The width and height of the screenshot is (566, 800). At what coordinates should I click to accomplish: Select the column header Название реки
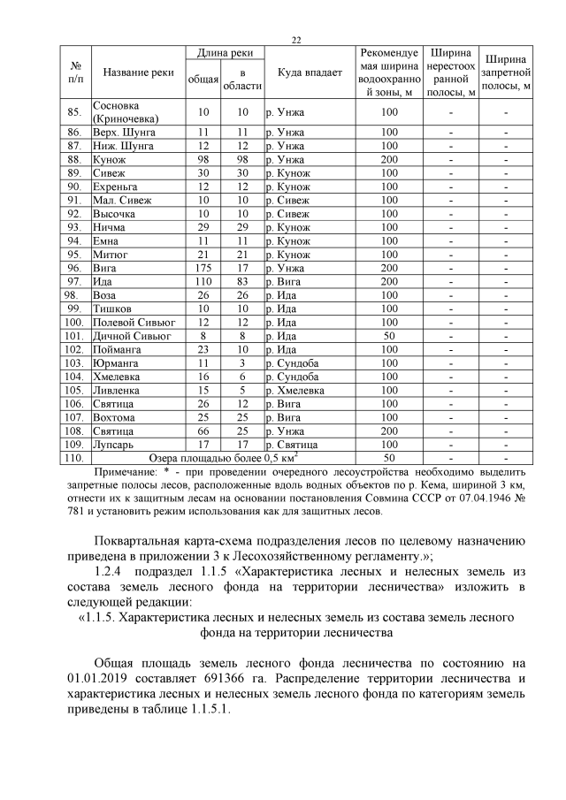coord(137,72)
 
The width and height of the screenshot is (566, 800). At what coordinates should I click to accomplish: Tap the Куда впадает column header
coord(309,72)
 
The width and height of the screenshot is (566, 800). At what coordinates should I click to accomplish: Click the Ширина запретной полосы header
coord(508,72)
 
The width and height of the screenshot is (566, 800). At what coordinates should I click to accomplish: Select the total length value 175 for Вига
coord(203,268)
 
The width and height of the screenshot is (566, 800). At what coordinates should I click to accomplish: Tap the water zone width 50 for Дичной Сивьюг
coord(389,336)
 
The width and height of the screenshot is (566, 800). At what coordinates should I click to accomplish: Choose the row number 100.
coord(75,323)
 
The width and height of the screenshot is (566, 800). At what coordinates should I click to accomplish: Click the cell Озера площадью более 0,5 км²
coord(221,459)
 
